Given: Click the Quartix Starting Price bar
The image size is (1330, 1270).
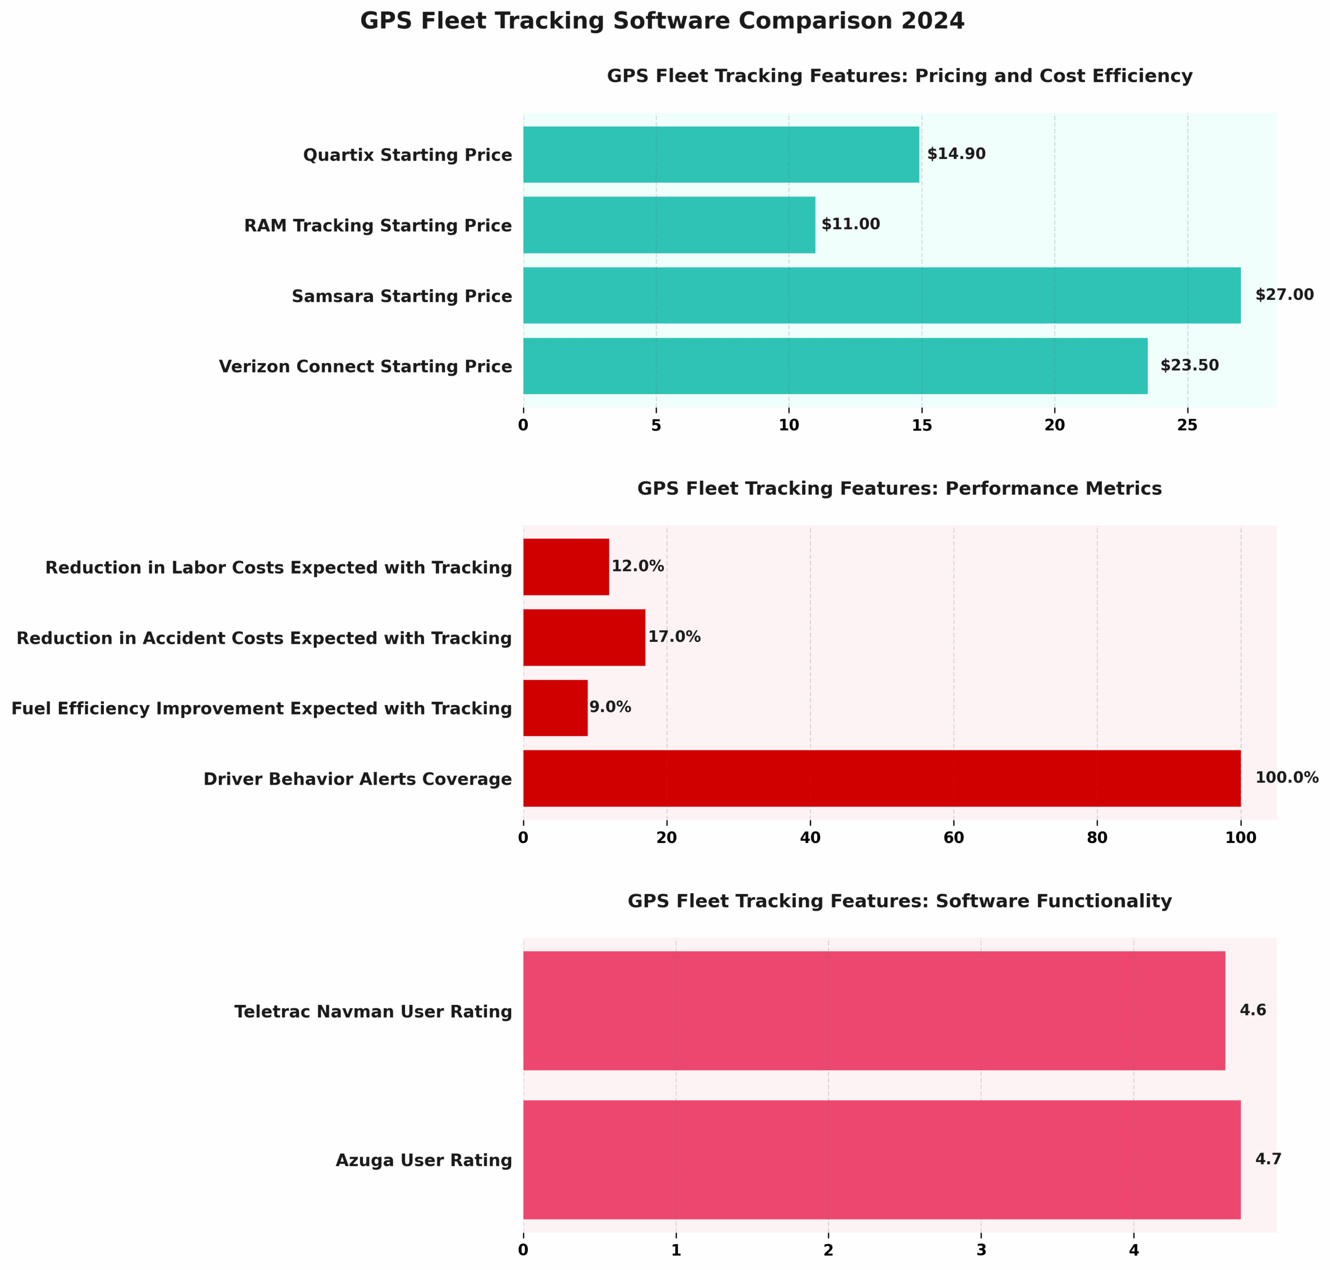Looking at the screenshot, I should pos(721,154).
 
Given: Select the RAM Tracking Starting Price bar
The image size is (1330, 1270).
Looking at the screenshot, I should pos(669,225).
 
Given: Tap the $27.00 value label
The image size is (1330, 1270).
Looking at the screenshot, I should pos(1284,295).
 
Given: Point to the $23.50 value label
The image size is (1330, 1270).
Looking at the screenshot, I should pos(1189,365).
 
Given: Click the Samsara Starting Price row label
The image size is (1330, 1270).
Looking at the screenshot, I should pos(402,297).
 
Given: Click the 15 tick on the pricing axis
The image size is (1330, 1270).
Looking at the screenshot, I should pos(921,425).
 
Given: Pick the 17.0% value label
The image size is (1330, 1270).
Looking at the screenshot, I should pos(674,637).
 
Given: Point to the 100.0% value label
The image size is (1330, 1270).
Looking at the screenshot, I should pos(1287,778).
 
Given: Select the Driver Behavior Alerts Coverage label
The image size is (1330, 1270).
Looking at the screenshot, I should pos(357,779).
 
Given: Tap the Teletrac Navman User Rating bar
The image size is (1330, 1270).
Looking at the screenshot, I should pos(873,1011).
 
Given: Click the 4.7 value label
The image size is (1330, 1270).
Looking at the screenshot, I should pos(1268,1160).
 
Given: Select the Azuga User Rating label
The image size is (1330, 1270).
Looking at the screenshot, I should pos(424,1160).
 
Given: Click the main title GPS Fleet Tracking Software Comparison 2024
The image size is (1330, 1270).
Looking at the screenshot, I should pos(662,21).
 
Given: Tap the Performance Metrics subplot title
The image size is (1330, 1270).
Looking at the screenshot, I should pos(899,489).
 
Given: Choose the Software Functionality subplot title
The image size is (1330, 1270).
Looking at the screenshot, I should pos(899,901).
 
